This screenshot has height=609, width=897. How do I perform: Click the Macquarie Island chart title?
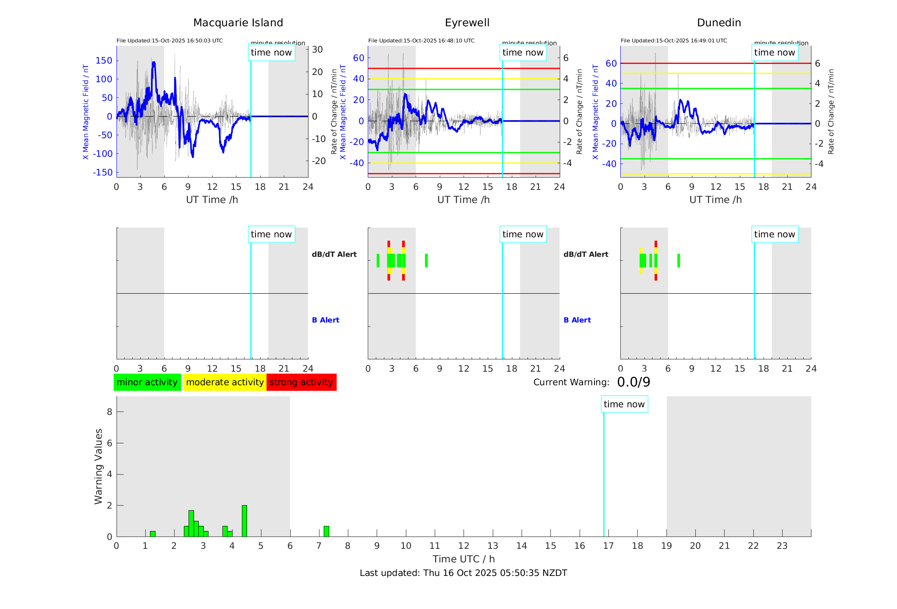click(x=238, y=22)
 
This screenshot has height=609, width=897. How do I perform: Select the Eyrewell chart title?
click(x=467, y=22)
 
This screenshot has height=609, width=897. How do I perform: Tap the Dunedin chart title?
click(x=719, y=22)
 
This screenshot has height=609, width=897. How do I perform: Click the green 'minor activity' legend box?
click(x=147, y=382)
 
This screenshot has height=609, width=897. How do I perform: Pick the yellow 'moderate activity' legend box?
click(x=225, y=382)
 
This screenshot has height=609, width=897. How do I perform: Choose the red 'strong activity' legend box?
click(x=301, y=382)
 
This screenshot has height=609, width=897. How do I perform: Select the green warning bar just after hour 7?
click(x=326, y=531)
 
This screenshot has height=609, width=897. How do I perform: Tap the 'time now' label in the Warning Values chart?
click(x=624, y=404)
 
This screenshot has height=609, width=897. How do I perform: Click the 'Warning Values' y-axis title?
click(x=98, y=466)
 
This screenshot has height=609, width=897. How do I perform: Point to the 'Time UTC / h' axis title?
click(x=464, y=559)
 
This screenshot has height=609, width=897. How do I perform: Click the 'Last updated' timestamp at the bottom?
click(x=463, y=573)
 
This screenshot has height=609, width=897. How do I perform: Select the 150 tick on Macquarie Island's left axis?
click(x=104, y=61)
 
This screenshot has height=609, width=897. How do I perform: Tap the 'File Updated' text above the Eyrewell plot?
click(x=421, y=41)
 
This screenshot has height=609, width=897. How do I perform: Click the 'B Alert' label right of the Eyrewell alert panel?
click(x=577, y=320)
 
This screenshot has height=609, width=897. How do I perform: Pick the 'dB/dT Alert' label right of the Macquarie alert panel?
click(x=334, y=254)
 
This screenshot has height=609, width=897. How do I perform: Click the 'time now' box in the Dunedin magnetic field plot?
click(x=775, y=53)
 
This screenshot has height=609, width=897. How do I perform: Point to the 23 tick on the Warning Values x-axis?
click(x=782, y=546)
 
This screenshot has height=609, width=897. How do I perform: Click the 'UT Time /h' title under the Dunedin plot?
click(x=715, y=200)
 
